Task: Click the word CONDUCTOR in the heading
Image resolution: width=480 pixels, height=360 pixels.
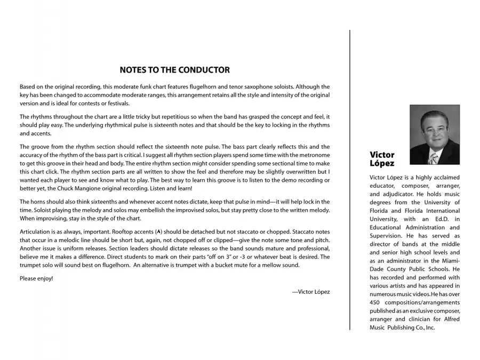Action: click(x=204, y=70)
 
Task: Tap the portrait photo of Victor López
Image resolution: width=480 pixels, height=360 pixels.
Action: click(x=434, y=134)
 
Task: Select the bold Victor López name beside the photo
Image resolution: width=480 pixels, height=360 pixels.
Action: click(x=382, y=159)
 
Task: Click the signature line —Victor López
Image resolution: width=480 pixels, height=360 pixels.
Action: click(x=311, y=292)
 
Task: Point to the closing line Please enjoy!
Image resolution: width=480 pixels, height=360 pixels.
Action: click(x=36, y=278)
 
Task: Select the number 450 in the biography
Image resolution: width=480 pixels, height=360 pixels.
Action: click(x=376, y=302)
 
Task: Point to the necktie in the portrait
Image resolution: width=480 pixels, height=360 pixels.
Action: click(x=434, y=158)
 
